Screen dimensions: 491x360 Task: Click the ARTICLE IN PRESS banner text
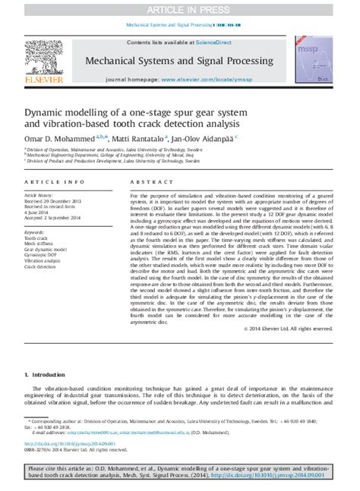tap(181, 10)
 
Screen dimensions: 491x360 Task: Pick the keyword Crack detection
tap(43, 267)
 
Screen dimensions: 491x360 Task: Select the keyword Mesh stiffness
tap(43, 243)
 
